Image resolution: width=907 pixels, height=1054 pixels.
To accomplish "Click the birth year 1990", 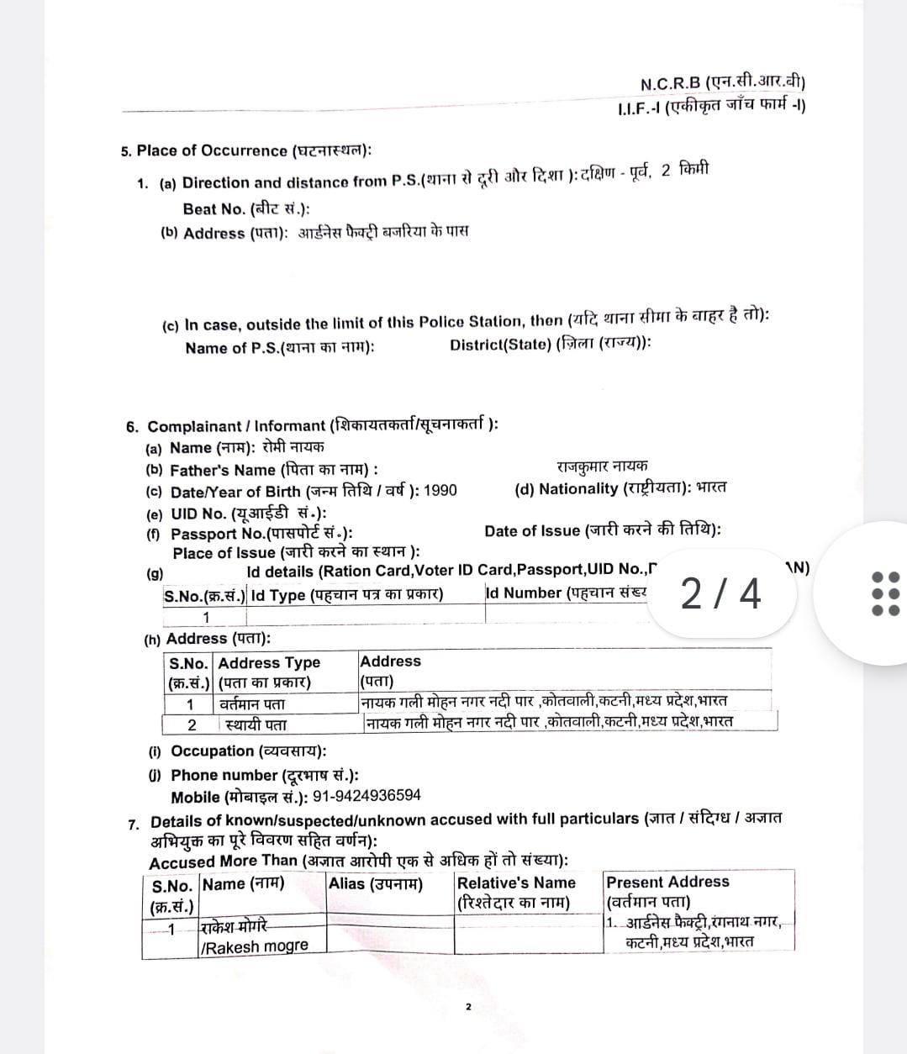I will point(440,491).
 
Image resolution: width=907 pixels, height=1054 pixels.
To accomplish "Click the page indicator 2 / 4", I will point(720,593).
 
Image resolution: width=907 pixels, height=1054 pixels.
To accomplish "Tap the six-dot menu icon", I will point(885,593).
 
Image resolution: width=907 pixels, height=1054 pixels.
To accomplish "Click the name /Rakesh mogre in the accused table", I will point(255,946).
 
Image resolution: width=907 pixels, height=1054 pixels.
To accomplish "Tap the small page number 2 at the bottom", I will point(468,1006).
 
